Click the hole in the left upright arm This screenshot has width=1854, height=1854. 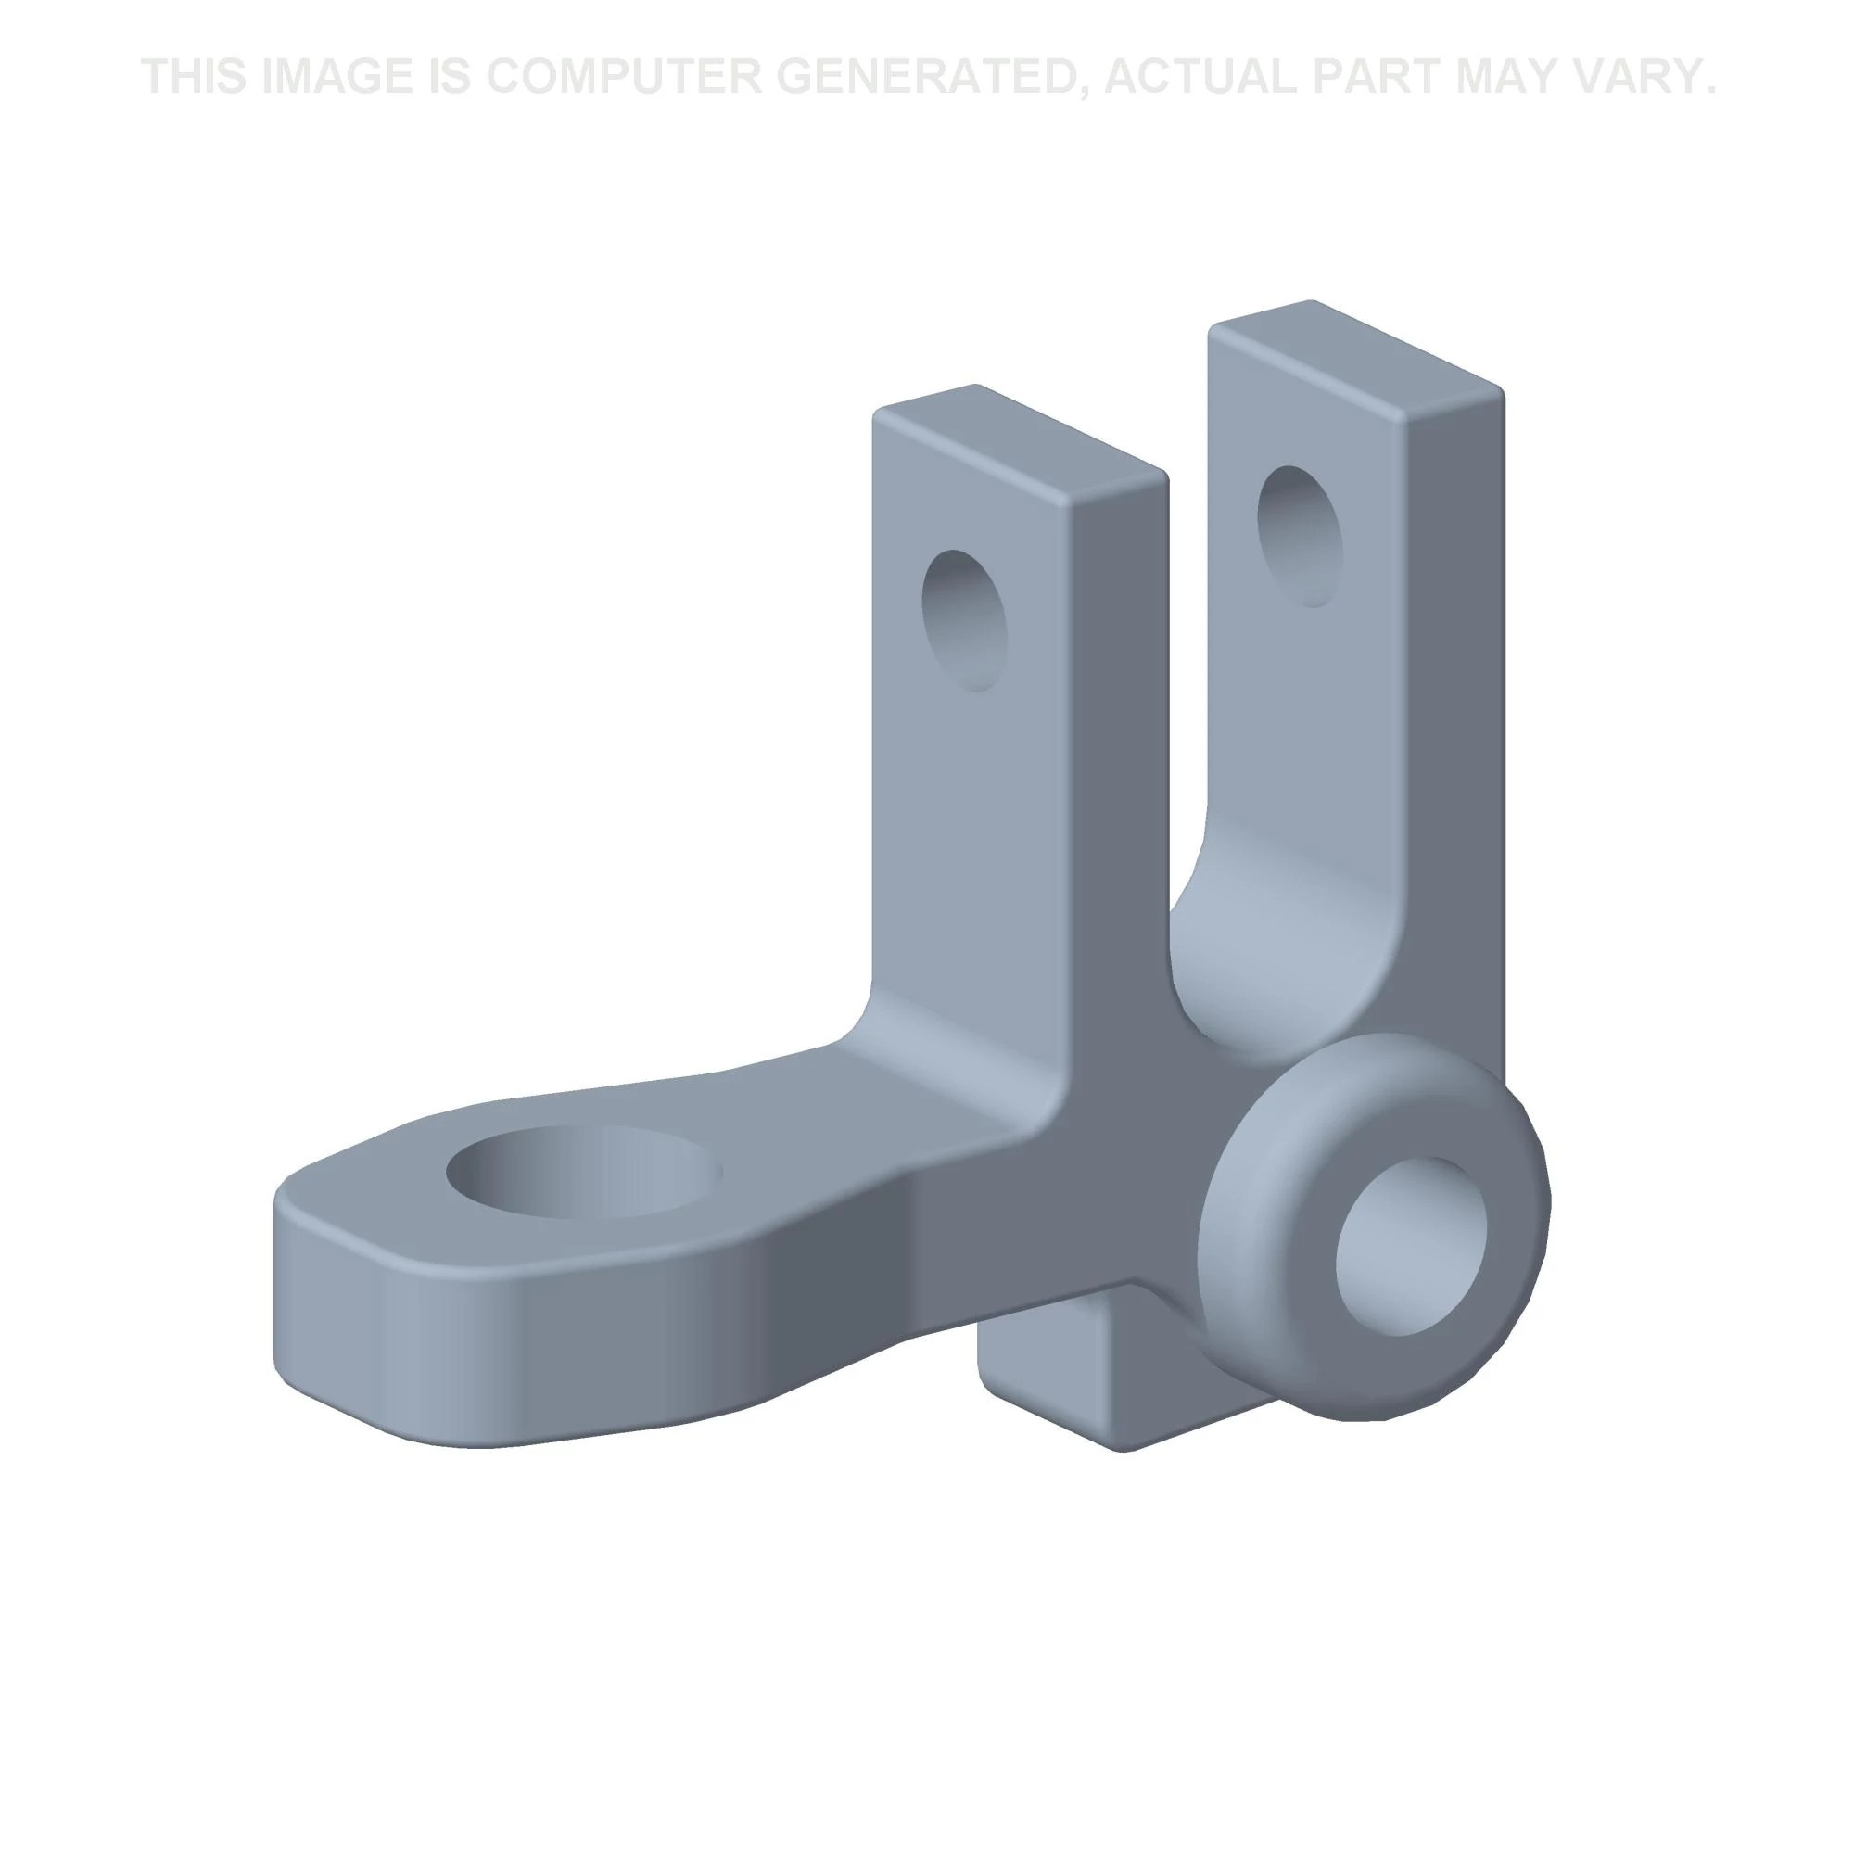tap(964, 620)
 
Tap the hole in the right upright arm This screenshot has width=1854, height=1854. tap(1300, 536)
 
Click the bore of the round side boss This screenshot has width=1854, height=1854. tap(1411, 1246)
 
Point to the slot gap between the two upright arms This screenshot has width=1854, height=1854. tap(1188, 672)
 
